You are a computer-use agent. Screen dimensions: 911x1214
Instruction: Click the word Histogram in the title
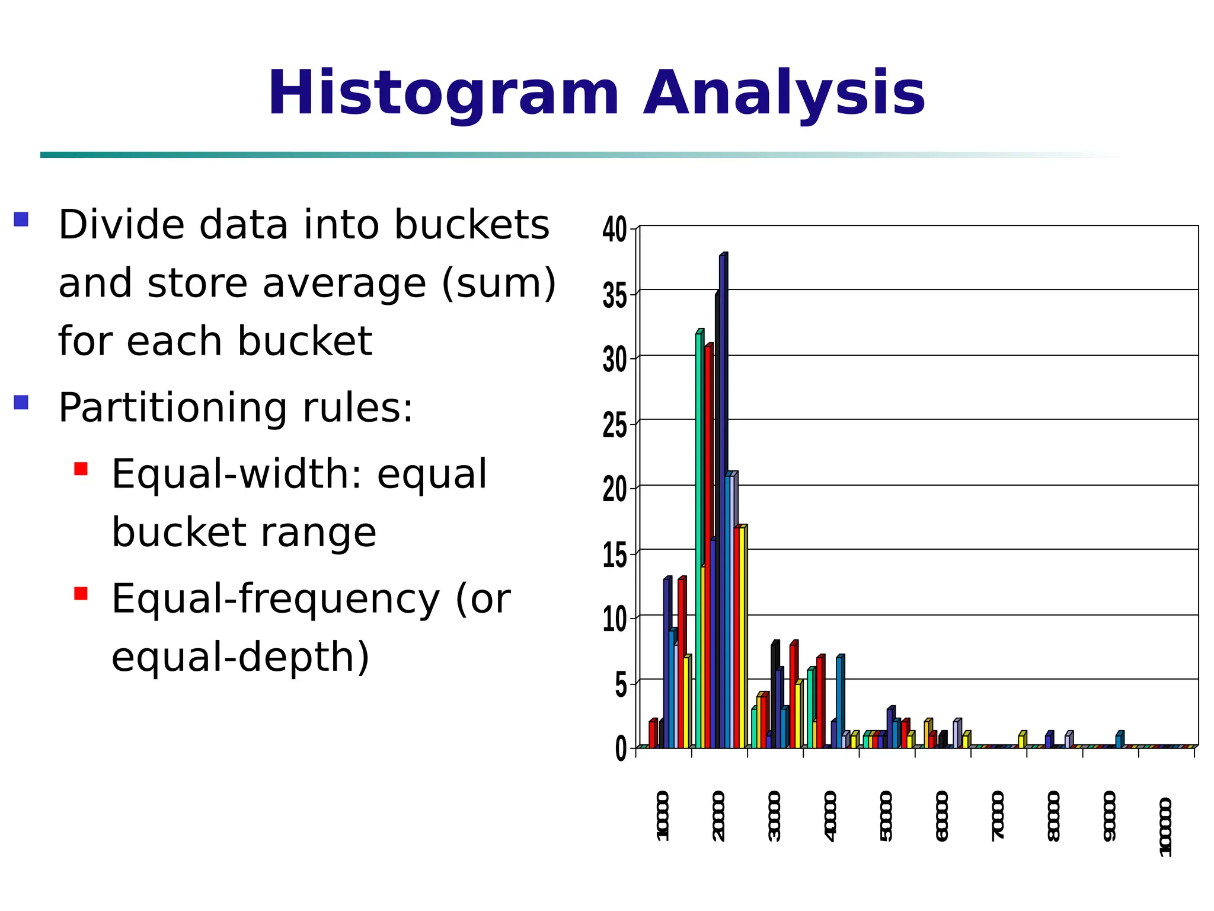coord(443,94)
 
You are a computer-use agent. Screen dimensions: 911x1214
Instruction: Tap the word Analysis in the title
coord(784,94)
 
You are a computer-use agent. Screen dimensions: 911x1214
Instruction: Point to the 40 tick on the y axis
coord(615,230)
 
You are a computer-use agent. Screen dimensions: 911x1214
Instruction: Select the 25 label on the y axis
coord(615,425)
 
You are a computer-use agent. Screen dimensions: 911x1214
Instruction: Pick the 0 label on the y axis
coord(621,750)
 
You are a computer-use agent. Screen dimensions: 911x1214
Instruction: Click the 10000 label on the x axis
coord(663,816)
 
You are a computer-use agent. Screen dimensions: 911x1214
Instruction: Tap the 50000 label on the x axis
coord(886,816)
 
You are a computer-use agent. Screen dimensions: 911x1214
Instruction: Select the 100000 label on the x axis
coord(1165,827)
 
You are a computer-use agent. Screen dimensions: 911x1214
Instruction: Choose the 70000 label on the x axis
coord(998,816)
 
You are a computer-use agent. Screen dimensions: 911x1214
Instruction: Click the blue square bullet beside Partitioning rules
coord(21,403)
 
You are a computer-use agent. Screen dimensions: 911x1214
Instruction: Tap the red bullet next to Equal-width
coord(81,469)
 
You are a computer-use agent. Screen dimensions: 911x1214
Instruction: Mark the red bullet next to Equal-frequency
coord(81,593)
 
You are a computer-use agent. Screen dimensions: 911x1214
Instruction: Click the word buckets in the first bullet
coord(472,225)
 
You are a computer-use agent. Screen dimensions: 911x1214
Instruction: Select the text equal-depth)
coord(240,657)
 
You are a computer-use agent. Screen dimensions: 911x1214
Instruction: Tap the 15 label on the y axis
coord(615,556)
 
